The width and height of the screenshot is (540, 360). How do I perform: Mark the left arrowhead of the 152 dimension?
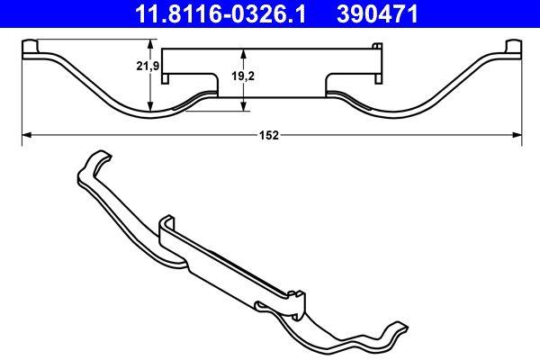point(25,135)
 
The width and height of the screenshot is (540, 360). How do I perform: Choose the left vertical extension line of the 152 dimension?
point(22,99)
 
